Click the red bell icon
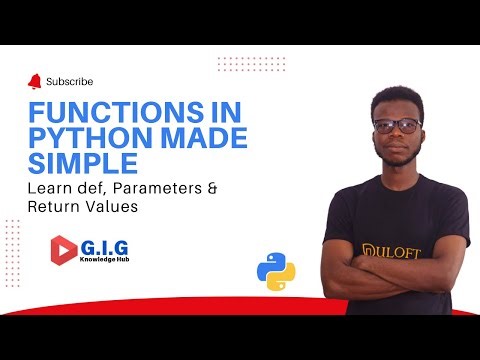click(x=37, y=81)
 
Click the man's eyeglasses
click(x=397, y=127)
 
